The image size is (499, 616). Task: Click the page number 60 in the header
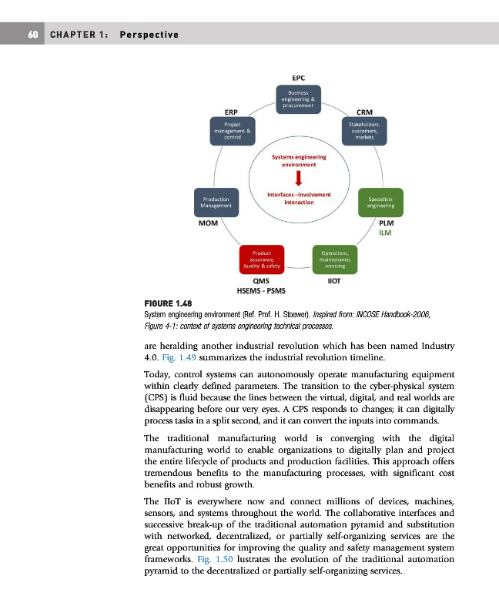pyautogui.click(x=33, y=35)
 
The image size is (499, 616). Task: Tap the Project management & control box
pyautogui.click(x=233, y=130)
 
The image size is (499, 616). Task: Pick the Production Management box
pyautogui.click(x=216, y=203)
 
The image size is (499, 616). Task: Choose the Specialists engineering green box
pyautogui.click(x=381, y=203)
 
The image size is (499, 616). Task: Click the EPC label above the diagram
pyautogui.click(x=299, y=78)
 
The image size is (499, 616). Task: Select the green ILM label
pyautogui.click(x=385, y=233)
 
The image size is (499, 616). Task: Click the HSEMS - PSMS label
pyautogui.click(x=260, y=291)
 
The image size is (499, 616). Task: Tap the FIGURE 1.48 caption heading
pyautogui.click(x=168, y=303)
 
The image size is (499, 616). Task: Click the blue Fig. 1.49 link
pyautogui.click(x=177, y=358)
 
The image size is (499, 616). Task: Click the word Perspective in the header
pyautogui.click(x=149, y=35)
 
